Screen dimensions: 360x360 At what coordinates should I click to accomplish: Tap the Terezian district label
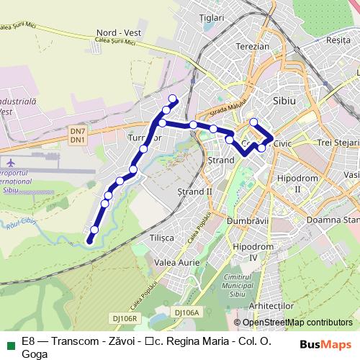[252, 46]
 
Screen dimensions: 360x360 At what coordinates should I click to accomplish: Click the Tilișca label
[162, 237]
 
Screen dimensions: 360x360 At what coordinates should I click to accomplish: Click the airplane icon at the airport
[9, 162]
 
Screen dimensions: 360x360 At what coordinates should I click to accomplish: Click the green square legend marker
[9, 344]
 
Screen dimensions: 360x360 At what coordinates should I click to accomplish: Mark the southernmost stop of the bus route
[90, 242]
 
